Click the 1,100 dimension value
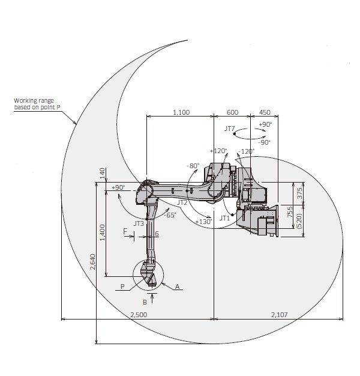coord(181,112)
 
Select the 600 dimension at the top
coord(232,112)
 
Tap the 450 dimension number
coord(265,112)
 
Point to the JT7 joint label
coord(229,129)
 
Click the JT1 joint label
coord(224,218)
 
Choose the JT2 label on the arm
coord(182,202)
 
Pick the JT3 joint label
coord(139,223)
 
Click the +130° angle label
coord(203,221)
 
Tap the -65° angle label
coord(170,215)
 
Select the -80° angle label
coord(193,166)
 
